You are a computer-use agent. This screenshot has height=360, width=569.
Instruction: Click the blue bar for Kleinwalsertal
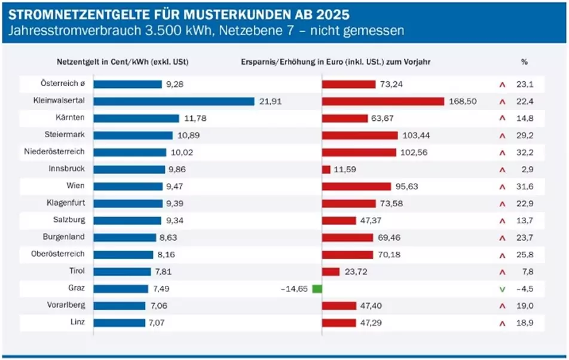click(x=174, y=101)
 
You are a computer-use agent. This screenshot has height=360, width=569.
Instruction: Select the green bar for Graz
click(x=317, y=289)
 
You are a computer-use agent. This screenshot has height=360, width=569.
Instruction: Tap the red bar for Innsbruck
click(x=326, y=169)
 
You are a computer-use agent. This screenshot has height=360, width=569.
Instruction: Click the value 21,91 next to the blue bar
click(x=270, y=102)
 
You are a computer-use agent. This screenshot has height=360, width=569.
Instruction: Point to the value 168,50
click(x=463, y=102)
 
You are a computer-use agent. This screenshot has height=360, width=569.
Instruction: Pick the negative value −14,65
click(x=293, y=289)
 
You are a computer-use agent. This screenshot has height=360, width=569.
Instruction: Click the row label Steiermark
click(x=65, y=135)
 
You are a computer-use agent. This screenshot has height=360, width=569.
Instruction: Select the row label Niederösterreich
click(x=54, y=152)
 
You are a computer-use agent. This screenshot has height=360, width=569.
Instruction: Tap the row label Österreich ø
click(x=63, y=84)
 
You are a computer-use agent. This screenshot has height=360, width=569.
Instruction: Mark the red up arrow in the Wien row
click(x=502, y=187)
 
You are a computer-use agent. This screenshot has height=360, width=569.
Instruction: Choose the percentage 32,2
click(x=524, y=152)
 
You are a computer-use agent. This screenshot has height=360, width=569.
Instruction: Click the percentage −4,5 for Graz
click(x=524, y=289)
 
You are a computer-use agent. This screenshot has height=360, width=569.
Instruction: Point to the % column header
click(x=524, y=62)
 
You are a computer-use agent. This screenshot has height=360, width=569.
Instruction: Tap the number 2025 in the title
click(x=332, y=13)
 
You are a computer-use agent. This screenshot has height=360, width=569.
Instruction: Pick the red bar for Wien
click(x=356, y=187)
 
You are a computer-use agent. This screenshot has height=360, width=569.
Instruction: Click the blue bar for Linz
click(x=119, y=323)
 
